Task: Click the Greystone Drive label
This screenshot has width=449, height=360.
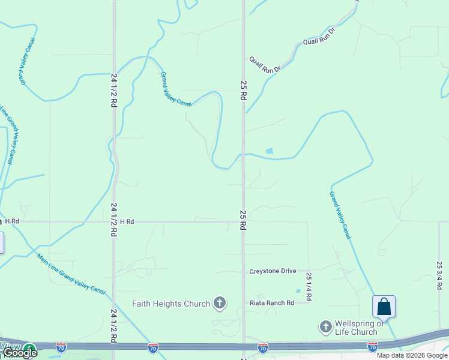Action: click(x=273, y=271)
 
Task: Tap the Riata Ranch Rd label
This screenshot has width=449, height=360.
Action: click(x=272, y=303)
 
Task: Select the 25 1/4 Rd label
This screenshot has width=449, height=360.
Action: click(x=309, y=287)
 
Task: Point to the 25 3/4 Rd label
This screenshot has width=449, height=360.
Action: click(x=439, y=275)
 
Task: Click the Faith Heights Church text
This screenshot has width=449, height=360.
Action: click(x=172, y=304)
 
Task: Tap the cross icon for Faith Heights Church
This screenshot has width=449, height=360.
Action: click(x=220, y=303)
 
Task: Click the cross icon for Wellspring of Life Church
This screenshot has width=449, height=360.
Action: click(x=325, y=327)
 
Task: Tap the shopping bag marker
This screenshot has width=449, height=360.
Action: click(x=384, y=307)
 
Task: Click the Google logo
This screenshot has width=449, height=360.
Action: click(x=20, y=353)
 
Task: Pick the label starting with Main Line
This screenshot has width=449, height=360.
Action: click(x=71, y=274)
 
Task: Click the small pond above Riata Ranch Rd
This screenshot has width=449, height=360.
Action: click(x=298, y=291)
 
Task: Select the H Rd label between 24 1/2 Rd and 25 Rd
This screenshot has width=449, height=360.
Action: click(x=127, y=222)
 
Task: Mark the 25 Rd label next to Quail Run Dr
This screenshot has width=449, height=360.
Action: click(x=243, y=90)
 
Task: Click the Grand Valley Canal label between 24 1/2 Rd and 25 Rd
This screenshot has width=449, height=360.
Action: click(x=175, y=89)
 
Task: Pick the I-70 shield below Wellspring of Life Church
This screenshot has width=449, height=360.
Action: click(x=372, y=347)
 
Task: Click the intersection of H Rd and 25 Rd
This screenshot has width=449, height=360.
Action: click(x=243, y=222)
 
